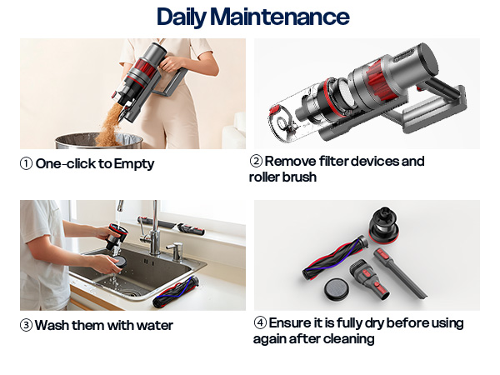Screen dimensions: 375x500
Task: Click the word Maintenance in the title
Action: click(279, 17)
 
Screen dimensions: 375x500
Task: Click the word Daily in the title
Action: click(182, 17)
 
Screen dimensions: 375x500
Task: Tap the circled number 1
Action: click(26, 164)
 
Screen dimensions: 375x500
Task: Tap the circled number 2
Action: click(257, 161)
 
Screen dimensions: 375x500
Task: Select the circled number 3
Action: click(26, 325)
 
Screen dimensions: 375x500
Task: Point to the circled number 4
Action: click(260, 322)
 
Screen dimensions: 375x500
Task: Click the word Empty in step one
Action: click(134, 164)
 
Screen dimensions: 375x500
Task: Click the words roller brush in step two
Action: click(282, 177)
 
